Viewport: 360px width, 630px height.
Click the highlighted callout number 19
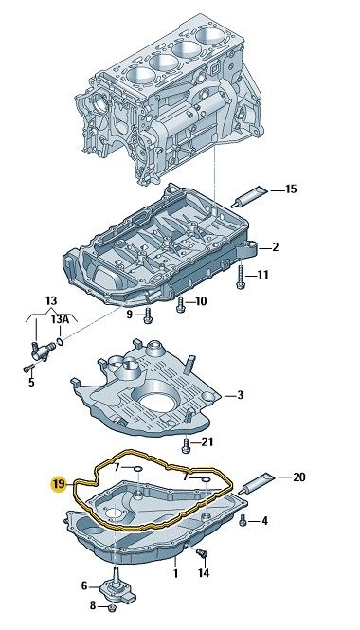59,484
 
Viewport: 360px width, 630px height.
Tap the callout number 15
291,189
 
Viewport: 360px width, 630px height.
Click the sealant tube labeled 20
257,484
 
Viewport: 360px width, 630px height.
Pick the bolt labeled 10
180,304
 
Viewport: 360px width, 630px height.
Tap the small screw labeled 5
27,368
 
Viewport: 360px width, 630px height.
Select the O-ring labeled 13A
60,342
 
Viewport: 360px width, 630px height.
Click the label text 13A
59,319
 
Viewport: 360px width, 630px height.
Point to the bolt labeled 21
185,444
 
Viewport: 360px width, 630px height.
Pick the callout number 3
240,395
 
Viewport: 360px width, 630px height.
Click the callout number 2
276,247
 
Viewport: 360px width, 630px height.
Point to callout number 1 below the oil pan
175,573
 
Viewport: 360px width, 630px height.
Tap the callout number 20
299,477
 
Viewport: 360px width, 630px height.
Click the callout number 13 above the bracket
51,300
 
